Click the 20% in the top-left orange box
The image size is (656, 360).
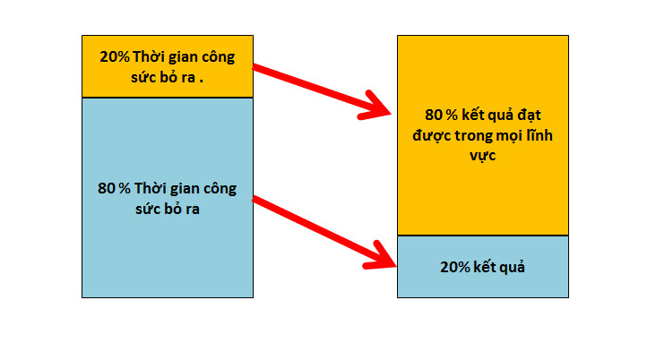pos(115,56)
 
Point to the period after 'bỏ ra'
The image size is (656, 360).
pos(202,81)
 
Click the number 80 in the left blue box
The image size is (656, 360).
pos(107,189)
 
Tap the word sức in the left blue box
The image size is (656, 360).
pos(145,209)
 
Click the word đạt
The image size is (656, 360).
pos(530,116)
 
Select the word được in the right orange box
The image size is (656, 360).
pos(431,136)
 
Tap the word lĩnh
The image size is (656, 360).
pos(539,134)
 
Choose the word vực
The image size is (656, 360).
pos(483,156)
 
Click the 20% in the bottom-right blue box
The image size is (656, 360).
pos(455,267)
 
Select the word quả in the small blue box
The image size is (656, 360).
pos(513,267)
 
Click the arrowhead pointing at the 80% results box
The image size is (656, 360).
pos(375,107)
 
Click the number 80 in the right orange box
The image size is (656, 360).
pos(434,115)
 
